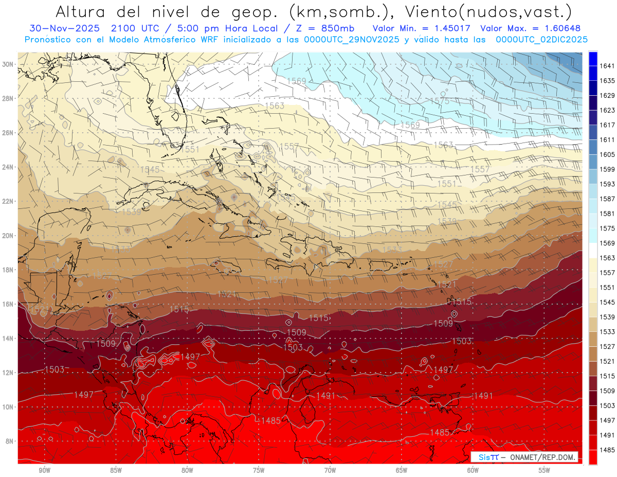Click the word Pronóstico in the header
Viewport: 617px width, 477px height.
click(51, 39)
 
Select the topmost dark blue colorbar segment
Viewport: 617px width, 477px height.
click(593, 58)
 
